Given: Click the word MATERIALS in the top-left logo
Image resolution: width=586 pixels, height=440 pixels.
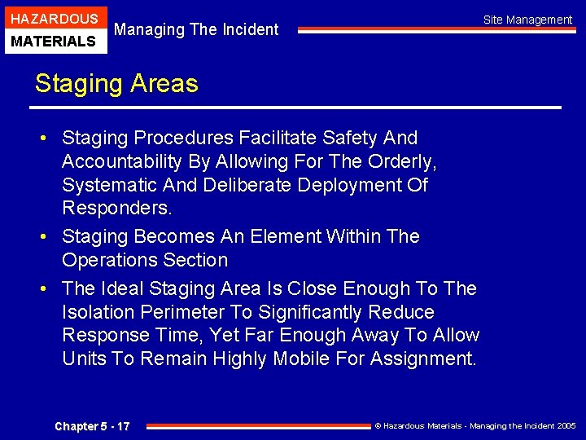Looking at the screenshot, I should coord(54,41).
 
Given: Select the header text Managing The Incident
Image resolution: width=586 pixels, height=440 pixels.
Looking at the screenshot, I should coord(196,29).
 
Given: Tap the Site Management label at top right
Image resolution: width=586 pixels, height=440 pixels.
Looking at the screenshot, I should coord(527,20).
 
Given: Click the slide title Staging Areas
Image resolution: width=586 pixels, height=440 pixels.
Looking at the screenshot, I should coord(116,83).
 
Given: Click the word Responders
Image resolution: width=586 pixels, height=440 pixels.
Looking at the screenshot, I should coord(117,208).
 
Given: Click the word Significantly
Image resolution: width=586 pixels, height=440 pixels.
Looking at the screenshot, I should coord(304,312).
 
